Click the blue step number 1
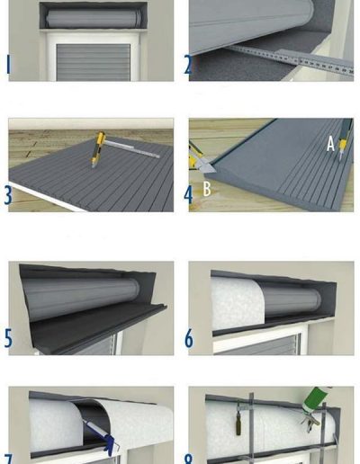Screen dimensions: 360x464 tap(8, 64)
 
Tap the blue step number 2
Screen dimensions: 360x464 tap(188, 65)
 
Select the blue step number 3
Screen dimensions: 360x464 tap(8, 195)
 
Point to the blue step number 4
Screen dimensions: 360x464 tap(188, 195)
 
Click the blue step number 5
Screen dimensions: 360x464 tap(8, 338)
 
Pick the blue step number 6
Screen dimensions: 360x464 tap(189, 338)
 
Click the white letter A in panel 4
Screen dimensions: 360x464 tap(330, 143)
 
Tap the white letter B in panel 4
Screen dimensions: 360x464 tap(207, 189)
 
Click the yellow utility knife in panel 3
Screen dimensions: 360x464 tap(98, 148)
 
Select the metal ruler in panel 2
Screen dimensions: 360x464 tap(288, 60)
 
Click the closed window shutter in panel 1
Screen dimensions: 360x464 tap(94, 62)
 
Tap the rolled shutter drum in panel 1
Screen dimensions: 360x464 tap(94, 19)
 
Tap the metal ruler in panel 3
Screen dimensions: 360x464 tap(133, 149)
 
